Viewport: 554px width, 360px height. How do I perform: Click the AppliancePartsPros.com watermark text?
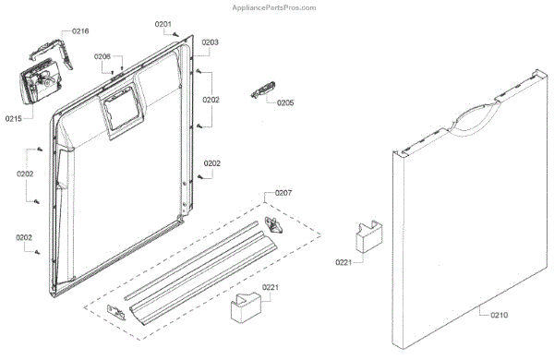click(x=274, y=7)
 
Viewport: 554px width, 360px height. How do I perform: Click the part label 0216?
click(x=80, y=31)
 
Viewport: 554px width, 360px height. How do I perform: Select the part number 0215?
click(x=14, y=119)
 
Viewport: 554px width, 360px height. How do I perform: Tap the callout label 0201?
click(x=163, y=24)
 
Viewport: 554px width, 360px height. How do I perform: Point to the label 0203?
click(x=211, y=42)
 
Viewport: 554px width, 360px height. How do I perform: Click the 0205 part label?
click(x=285, y=102)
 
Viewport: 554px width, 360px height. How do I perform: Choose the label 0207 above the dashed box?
click(x=283, y=193)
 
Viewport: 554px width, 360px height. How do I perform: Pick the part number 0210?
click(x=499, y=315)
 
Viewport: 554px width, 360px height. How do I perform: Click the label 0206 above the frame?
click(x=102, y=56)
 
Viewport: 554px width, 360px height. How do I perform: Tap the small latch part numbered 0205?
click(x=263, y=90)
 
